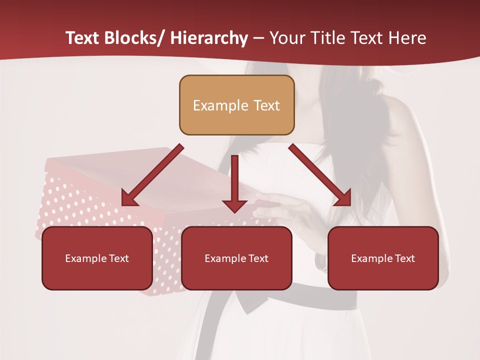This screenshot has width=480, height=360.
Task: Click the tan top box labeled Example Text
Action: click(236, 105)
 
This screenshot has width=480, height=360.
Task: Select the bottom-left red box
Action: click(97, 258)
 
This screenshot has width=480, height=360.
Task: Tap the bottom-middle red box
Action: click(236, 258)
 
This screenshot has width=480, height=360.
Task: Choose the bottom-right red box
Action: click(383, 258)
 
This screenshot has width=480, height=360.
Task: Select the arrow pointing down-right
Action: click(320, 175)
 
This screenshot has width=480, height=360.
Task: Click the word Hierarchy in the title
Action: click(208, 38)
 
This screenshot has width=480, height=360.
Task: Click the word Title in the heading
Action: click(328, 38)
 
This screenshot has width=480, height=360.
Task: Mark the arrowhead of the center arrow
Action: click(234, 205)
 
